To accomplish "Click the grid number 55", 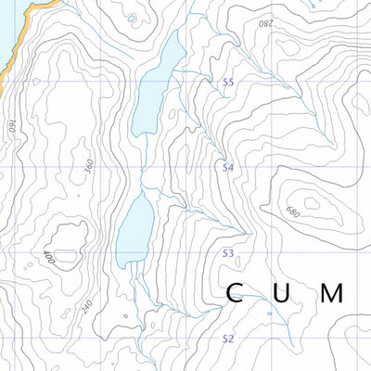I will click(x=227, y=83).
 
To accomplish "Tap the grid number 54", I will click(x=227, y=168).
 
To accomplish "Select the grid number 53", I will click(x=227, y=253).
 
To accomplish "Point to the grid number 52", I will click(x=227, y=339).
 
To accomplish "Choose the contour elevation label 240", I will click(x=87, y=306).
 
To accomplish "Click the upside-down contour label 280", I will click(x=266, y=22).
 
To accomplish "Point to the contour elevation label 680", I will click(x=294, y=211).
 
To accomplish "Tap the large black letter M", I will click(x=333, y=294).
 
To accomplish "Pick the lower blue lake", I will click(x=135, y=232).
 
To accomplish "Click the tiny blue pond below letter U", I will click(x=270, y=313).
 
